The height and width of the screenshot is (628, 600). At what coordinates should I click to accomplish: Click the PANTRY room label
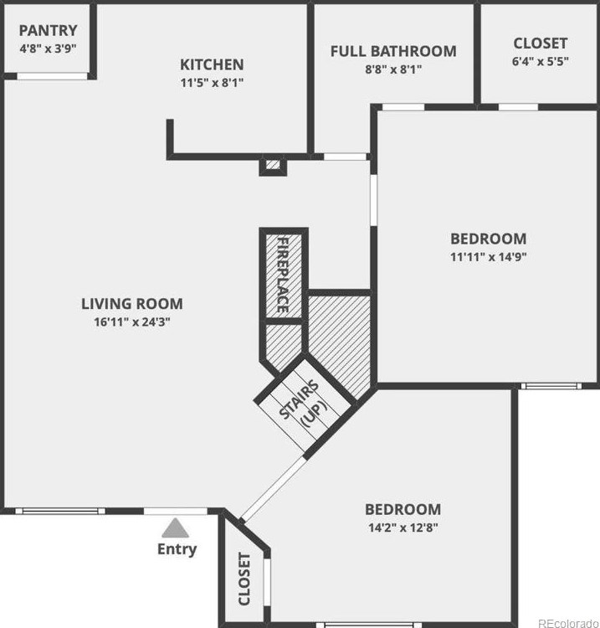point(48,30)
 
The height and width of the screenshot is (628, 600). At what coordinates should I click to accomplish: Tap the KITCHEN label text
point(212,64)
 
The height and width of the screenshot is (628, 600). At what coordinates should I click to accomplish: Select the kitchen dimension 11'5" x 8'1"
point(212,83)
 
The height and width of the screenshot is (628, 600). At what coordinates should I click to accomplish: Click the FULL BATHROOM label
point(393,51)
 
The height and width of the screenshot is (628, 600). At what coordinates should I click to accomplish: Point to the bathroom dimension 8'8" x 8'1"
point(393,69)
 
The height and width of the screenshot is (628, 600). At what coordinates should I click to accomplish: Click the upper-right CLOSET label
point(540,43)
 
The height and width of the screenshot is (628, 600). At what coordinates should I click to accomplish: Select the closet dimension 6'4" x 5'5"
point(540,61)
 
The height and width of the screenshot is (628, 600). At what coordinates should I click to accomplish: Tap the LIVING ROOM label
point(131,303)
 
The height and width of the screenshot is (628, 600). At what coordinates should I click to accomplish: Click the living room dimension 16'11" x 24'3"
point(131,322)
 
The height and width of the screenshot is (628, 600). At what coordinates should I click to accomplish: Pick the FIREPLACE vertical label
point(283,275)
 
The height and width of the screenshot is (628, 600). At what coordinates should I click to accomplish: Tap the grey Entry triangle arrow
point(175,528)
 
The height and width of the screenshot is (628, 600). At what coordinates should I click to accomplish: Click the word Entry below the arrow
point(177,549)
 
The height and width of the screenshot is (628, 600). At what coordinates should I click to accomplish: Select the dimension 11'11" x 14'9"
point(488,257)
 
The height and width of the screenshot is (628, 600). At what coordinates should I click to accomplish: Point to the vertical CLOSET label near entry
point(244,579)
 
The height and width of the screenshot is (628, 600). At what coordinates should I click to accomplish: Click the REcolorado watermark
point(567,621)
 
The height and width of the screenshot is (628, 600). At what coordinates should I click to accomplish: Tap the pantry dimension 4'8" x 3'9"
point(48,48)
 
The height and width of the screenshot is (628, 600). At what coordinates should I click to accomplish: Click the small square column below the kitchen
point(272,166)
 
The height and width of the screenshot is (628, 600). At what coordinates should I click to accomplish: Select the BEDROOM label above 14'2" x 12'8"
point(403,509)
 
